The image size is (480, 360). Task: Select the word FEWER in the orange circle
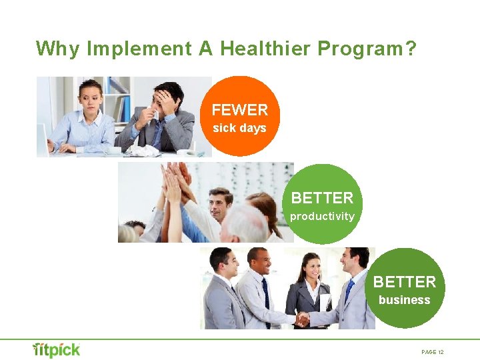(x=240, y=110)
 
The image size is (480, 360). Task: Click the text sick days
(x=239, y=128)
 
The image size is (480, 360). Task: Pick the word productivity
(x=322, y=216)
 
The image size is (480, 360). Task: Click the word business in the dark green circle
(x=404, y=300)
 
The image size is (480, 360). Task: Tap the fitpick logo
(x=57, y=350)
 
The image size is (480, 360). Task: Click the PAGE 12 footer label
(x=433, y=352)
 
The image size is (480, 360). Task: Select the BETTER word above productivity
(x=322, y=198)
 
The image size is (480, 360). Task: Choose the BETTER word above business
(x=404, y=282)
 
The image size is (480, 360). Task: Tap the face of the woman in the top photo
(x=91, y=97)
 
